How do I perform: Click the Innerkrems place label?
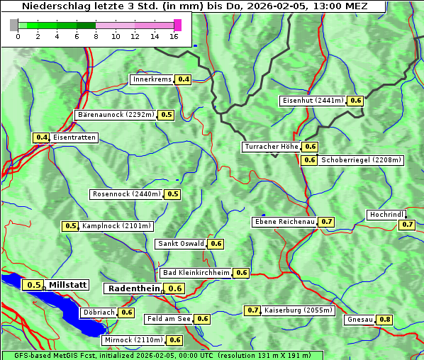pos(152,79)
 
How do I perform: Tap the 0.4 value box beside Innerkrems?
pos(184,79)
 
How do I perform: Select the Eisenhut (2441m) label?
pos(313,101)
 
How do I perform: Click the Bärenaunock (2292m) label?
pos(115,114)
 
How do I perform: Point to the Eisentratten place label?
pos(74,137)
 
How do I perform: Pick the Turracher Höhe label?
pos(271,147)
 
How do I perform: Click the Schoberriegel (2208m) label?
pos(361,160)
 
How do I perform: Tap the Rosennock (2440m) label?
pos(127,193)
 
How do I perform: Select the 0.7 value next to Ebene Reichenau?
pos(327,222)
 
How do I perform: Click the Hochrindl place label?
pos(386,214)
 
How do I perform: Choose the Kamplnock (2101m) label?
pos(116,226)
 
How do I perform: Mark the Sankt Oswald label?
pos(181,244)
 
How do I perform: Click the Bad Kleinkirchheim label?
pos(196,272)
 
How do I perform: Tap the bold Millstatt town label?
pos(68,284)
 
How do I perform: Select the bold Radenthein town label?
pos(133,288)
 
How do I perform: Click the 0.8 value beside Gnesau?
pos(385,320)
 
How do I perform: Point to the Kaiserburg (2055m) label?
pos(298,310)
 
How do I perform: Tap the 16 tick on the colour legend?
pos(174,36)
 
